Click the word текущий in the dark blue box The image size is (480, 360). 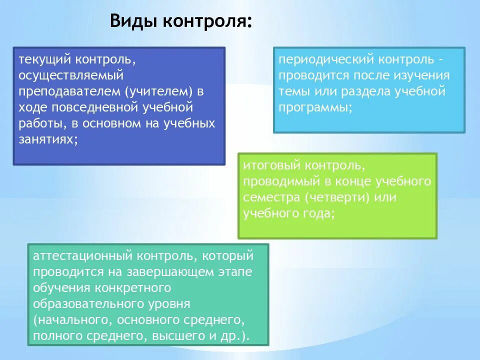pyautogui.click(x=45, y=60)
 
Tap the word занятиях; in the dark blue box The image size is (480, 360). pyautogui.click(x=48, y=139)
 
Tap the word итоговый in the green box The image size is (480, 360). pyautogui.click(x=272, y=165)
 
